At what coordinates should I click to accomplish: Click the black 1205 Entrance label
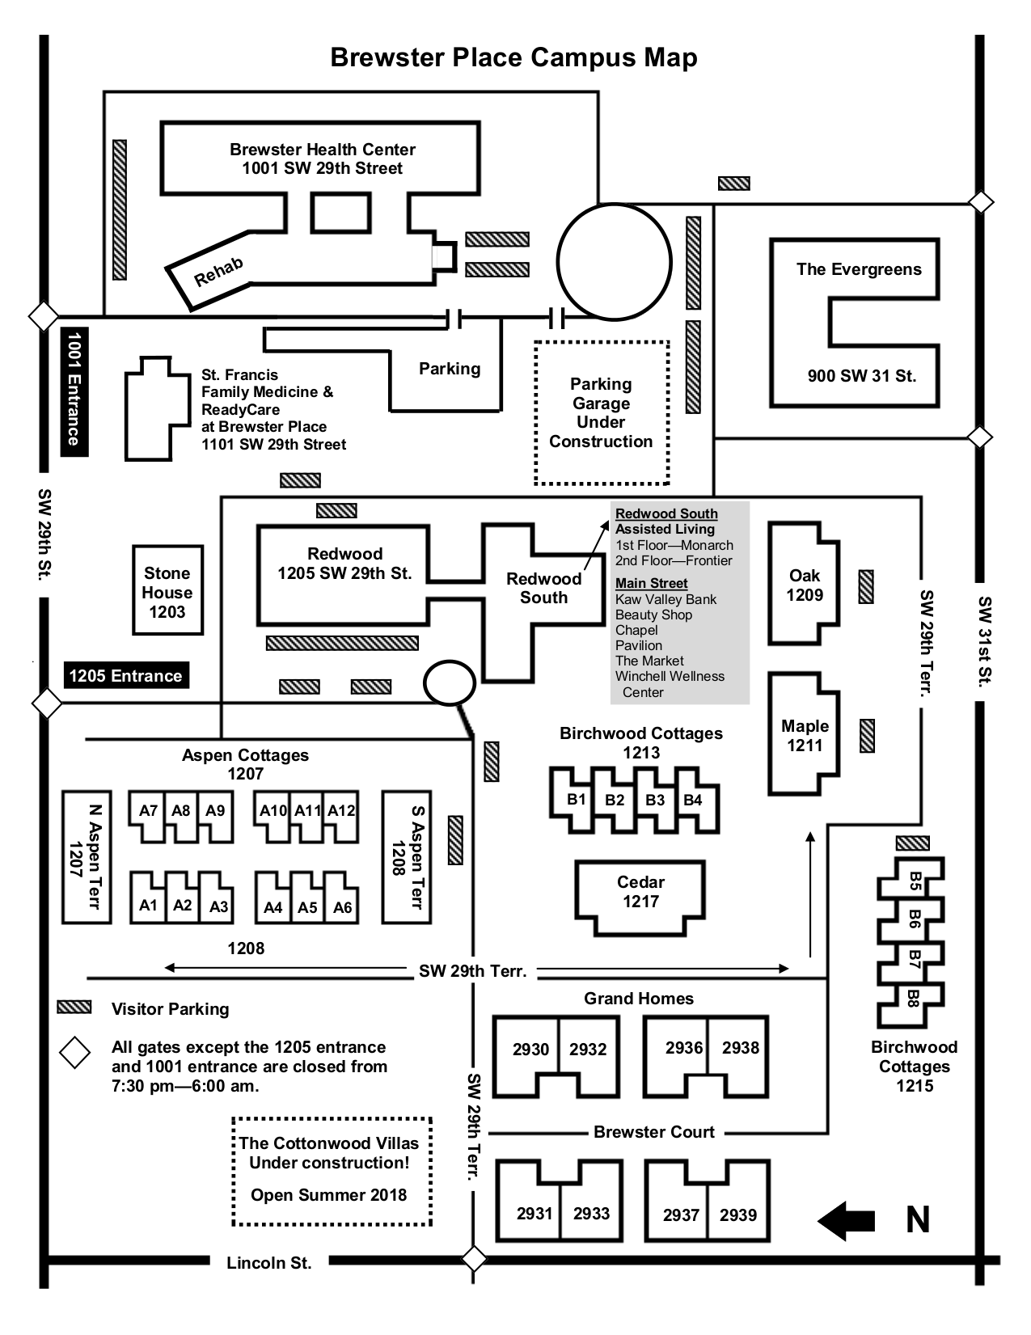[x=125, y=676]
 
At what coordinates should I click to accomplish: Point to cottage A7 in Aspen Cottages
[x=148, y=811]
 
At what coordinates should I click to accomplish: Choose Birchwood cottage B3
[x=654, y=801]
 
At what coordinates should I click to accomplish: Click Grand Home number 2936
[x=683, y=1049]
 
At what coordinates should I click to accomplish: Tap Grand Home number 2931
[x=535, y=1214]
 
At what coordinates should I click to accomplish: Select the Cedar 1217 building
[x=640, y=892]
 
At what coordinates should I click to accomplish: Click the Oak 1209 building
[x=805, y=585]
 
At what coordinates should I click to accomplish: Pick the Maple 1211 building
[x=805, y=736]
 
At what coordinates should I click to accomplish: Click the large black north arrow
[x=846, y=1220]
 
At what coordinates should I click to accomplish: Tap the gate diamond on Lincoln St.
[x=474, y=1259]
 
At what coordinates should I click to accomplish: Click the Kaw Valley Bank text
[x=666, y=599]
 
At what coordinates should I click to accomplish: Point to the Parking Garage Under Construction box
[x=602, y=412]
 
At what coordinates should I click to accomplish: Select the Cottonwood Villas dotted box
[x=332, y=1172]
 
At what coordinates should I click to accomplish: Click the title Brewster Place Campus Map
[x=513, y=58]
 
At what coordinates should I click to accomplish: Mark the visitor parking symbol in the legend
[x=74, y=1008]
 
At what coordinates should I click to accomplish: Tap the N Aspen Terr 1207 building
[x=87, y=856]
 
